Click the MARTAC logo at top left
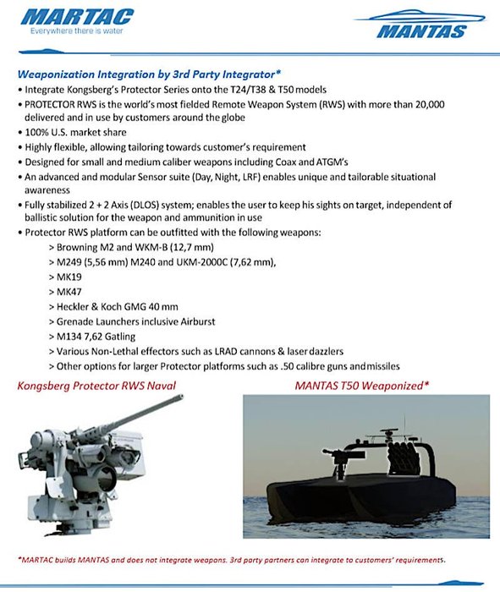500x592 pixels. click(77, 18)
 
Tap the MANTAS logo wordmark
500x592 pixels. click(421, 32)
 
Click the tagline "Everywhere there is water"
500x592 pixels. click(77, 31)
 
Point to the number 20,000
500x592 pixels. click(430, 104)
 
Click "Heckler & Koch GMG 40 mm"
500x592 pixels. click(117, 306)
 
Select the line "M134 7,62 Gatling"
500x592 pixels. click(96, 337)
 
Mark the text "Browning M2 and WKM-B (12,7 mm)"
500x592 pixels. click(135, 247)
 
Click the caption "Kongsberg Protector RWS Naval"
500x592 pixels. click(96, 386)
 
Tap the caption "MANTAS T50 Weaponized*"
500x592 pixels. click(362, 386)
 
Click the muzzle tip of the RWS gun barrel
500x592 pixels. click(181, 397)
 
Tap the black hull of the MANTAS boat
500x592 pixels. click(360, 496)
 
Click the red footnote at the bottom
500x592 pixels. click(232, 560)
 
